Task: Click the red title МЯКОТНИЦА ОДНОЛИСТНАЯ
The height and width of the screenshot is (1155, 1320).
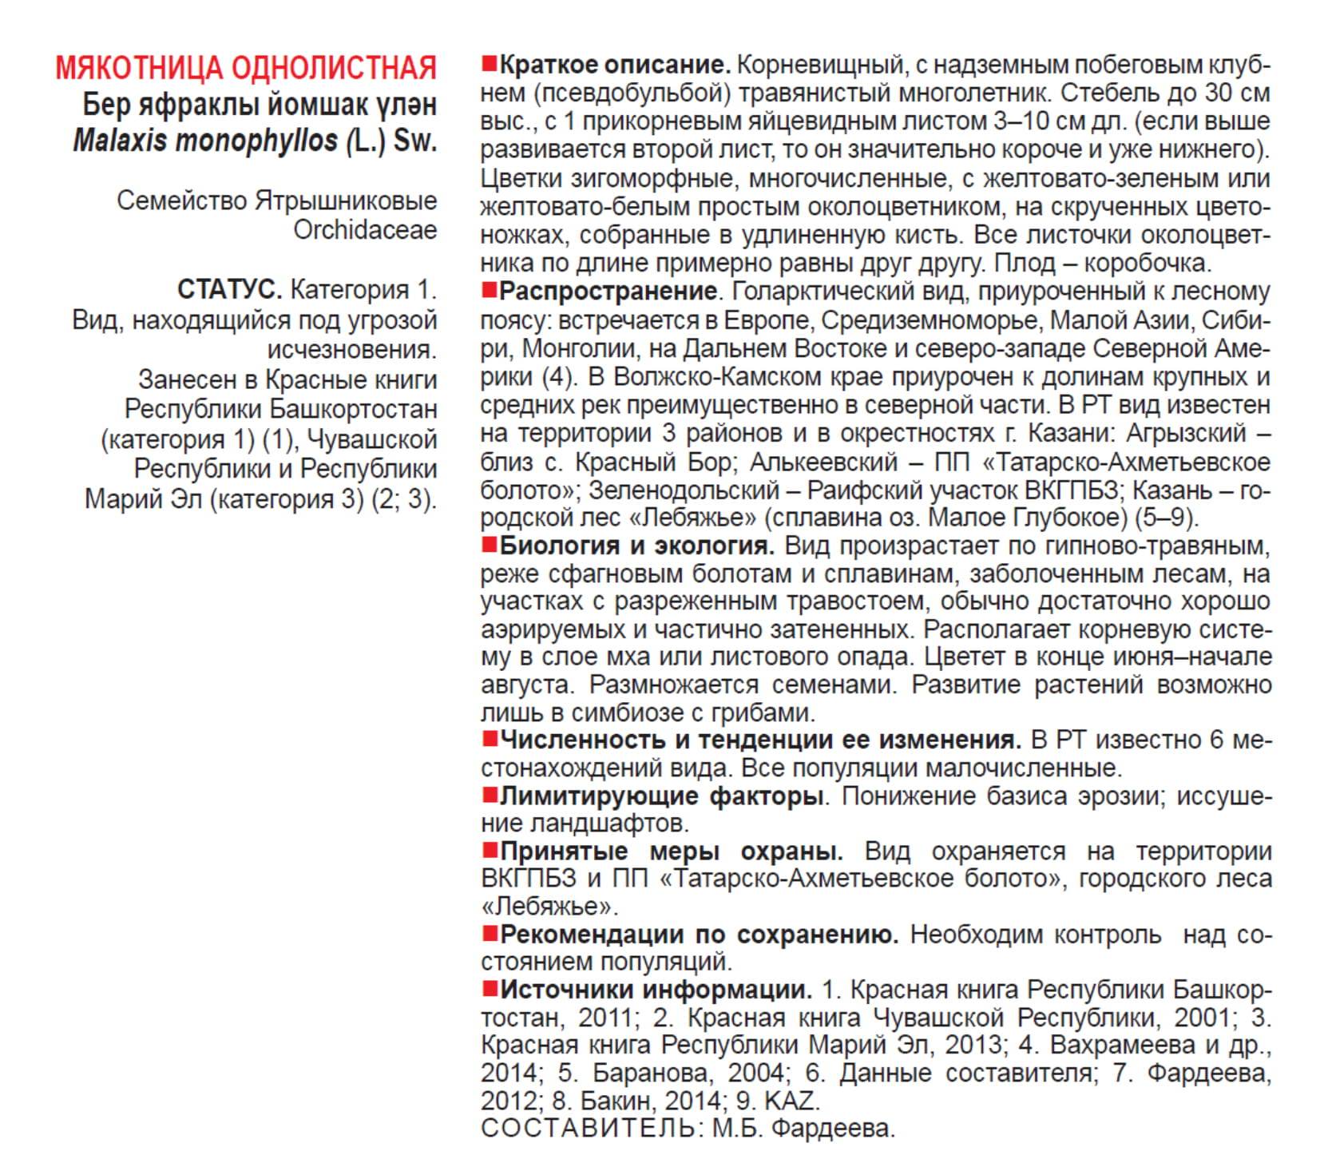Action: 246,69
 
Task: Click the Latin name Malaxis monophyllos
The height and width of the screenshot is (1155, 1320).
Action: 205,141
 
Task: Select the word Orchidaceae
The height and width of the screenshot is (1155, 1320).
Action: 365,230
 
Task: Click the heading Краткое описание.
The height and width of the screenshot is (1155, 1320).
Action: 615,65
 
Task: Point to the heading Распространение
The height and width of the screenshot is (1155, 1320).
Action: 608,292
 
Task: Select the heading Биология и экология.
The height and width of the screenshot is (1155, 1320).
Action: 636,546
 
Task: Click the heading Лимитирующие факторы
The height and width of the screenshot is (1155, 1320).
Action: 661,796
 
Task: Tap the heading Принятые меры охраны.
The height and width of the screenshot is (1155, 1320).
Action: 671,851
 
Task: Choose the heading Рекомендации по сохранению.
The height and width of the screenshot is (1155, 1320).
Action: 699,935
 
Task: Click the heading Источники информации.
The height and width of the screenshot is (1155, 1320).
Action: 656,990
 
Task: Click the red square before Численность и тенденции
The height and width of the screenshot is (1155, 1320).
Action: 490,739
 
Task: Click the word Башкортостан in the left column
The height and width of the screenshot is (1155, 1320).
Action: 353,409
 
